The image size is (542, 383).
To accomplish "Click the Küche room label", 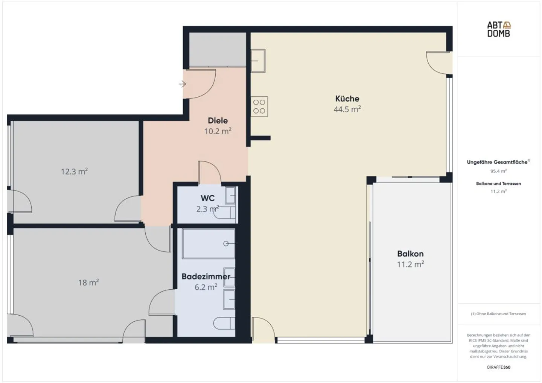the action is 347,99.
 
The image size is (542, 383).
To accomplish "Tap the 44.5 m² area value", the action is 347,109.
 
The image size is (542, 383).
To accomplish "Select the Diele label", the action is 218,120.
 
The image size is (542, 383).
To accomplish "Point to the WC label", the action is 208,198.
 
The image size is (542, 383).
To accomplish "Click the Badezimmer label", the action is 206,277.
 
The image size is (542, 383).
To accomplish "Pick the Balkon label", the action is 410,254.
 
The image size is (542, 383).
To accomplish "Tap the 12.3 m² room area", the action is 74,172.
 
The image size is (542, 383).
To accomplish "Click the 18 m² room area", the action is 88,282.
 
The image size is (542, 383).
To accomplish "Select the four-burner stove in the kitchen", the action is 259,106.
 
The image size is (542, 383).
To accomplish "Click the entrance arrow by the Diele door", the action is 182,84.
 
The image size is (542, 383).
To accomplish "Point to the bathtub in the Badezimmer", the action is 209,243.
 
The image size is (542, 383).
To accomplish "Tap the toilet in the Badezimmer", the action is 224,323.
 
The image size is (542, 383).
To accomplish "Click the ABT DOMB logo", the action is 499,29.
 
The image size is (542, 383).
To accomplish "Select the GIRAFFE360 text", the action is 498,367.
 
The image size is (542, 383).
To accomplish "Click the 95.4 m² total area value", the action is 498,171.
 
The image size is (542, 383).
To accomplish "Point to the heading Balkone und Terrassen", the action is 498,184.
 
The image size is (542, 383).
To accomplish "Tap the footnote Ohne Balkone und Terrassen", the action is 498,314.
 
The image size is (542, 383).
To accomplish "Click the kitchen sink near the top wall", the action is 258,61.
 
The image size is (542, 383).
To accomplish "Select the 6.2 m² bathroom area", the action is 206,287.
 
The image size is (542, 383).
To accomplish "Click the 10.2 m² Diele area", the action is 218,131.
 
